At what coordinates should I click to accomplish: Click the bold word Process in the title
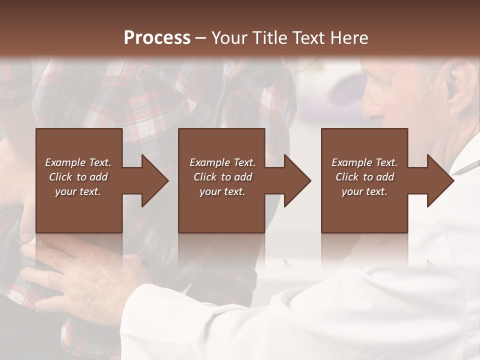[157, 38]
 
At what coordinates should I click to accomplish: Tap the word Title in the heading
[270, 38]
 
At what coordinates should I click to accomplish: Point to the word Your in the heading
[230, 38]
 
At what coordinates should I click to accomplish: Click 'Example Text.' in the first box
[78, 162]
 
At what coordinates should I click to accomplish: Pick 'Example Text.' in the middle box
[222, 162]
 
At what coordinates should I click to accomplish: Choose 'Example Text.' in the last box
[364, 162]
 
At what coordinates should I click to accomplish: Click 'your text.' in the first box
[78, 191]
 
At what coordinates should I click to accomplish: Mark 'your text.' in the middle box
[222, 191]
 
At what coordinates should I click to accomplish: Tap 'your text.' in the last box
[364, 191]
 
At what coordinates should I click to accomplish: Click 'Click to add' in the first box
[78, 177]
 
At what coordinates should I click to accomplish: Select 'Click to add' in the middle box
[222, 177]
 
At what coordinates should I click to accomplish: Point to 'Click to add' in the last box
[364, 177]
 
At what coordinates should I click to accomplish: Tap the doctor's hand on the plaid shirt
[85, 275]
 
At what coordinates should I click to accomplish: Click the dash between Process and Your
[200, 38]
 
